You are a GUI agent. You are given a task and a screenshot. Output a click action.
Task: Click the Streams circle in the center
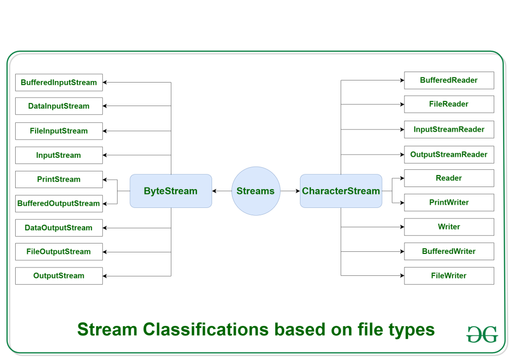point(255,191)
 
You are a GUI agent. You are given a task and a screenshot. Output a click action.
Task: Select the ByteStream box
point(171,191)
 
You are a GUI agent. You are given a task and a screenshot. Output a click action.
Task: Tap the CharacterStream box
point(341,191)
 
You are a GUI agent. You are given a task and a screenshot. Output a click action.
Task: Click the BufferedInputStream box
point(59,83)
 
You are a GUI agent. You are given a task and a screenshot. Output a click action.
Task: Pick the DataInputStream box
point(59,106)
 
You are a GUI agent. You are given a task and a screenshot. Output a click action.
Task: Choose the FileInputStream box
point(59,131)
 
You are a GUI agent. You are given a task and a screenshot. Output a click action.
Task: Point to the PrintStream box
point(59,179)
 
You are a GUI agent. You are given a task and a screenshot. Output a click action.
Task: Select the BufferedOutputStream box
point(59,203)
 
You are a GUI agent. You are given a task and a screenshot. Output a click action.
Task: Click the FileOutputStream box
point(59,251)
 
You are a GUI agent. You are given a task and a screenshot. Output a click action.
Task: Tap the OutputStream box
point(59,275)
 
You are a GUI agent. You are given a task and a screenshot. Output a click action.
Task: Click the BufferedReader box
point(449,80)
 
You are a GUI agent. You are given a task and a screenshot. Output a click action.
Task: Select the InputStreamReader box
point(449,129)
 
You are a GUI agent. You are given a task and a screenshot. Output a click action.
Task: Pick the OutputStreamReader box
point(449,154)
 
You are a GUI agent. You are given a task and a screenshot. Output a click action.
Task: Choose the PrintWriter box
point(449,202)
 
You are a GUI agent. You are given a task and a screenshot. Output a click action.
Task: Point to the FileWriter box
point(449,275)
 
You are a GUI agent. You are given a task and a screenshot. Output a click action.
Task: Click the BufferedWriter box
point(449,251)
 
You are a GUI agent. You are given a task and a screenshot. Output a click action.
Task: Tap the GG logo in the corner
point(482,334)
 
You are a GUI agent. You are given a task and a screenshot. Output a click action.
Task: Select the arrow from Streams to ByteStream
point(222,191)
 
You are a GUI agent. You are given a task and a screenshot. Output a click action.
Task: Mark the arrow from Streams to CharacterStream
point(290,191)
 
